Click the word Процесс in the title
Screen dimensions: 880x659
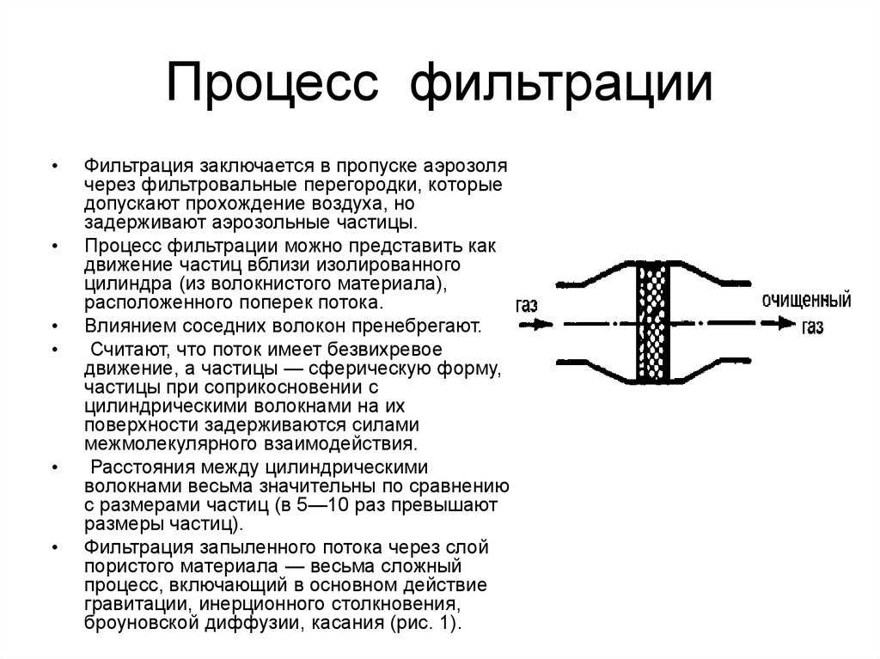pyautogui.click(x=272, y=83)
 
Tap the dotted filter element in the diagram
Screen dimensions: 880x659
pyautogui.click(x=653, y=323)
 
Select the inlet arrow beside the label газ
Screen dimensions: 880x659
pyautogui.click(x=535, y=324)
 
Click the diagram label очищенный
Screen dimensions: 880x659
pyautogui.click(x=806, y=301)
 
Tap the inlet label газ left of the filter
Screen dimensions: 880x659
pyautogui.click(x=527, y=305)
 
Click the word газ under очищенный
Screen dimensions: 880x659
pyautogui.click(x=812, y=326)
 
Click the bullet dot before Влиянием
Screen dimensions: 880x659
pyautogui.click(x=55, y=326)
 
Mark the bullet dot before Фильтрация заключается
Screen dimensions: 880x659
pyautogui.click(x=55, y=166)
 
